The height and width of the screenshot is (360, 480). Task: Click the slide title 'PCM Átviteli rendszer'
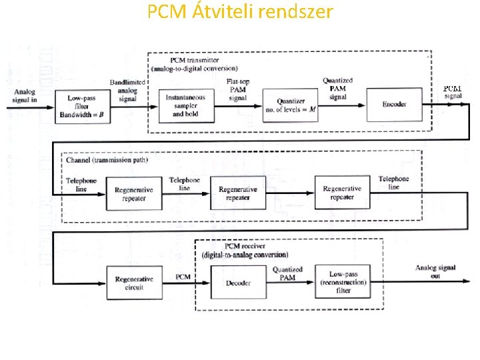point(239,12)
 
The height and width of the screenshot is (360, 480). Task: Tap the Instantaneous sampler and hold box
point(185,105)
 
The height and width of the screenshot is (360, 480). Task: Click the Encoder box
point(395,105)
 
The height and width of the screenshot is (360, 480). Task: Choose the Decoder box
point(238,283)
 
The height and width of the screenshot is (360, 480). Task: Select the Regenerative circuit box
point(134,283)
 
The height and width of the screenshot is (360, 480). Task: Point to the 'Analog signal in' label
point(25,95)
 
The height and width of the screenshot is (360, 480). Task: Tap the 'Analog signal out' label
point(436,271)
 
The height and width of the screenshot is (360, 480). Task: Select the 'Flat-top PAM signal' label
point(239,89)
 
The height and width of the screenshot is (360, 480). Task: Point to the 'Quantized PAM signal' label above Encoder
point(338,89)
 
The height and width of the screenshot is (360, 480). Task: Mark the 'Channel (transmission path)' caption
point(107,160)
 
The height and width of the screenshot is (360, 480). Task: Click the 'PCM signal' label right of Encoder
point(453,92)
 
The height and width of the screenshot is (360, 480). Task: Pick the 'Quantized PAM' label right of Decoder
point(287,273)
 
